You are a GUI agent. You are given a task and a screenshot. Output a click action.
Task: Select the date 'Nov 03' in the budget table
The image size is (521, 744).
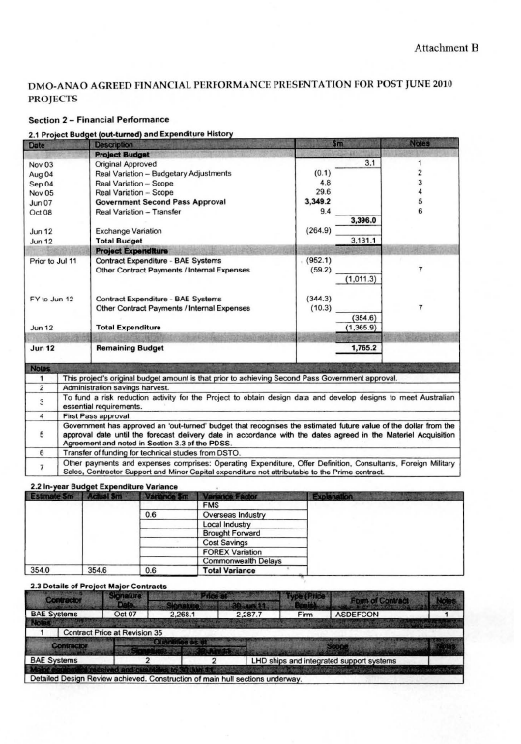click(x=42, y=164)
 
